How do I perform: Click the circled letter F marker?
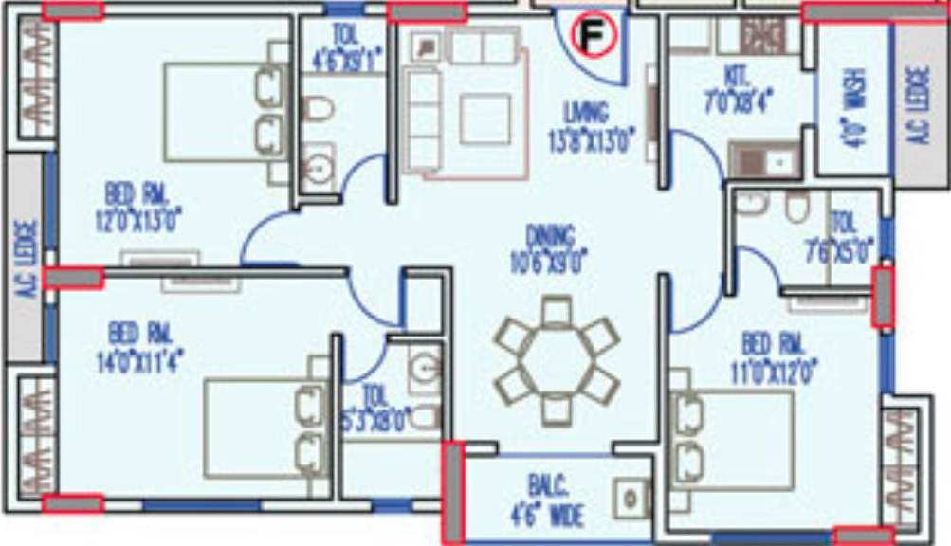click(x=593, y=36)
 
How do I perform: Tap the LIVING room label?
click(x=584, y=113)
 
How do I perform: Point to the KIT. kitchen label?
click(x=737, y=73)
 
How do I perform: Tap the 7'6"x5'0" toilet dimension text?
click(x=843, y=250)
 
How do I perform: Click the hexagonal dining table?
click(x=558, y=360)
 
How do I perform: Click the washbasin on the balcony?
click(x=630, y=497)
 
